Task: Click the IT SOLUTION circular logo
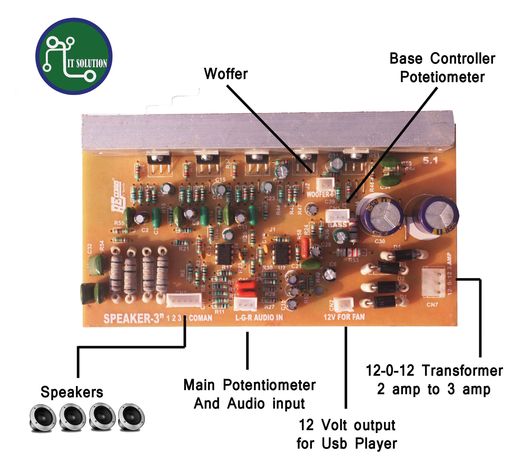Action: pos(74,56)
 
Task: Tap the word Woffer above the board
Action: pos(226,74)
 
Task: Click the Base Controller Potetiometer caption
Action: pos(442,68)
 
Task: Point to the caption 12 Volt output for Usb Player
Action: pos(347,434)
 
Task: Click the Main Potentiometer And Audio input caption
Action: pos(249,394)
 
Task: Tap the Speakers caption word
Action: pos(72,392)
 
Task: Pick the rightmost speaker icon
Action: pos(132,417)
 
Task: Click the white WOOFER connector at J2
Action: pos(325,184)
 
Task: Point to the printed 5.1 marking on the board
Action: pos(430,160)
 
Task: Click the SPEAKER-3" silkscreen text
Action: pos(133,318)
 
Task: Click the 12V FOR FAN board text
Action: pos(344,317)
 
